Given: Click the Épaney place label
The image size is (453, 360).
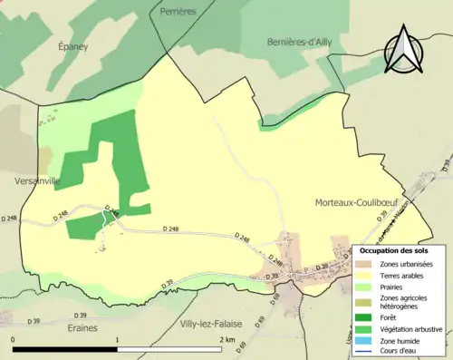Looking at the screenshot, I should [73, 46].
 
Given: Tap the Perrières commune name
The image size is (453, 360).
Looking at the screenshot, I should [178, 11].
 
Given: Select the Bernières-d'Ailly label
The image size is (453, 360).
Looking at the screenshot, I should [306, 42].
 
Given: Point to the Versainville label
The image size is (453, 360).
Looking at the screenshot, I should [37, 181].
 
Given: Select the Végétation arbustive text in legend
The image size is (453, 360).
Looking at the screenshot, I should [412, 329].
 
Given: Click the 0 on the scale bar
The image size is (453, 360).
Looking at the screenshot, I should [13, 339].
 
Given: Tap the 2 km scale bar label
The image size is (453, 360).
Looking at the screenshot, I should [226, 339].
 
